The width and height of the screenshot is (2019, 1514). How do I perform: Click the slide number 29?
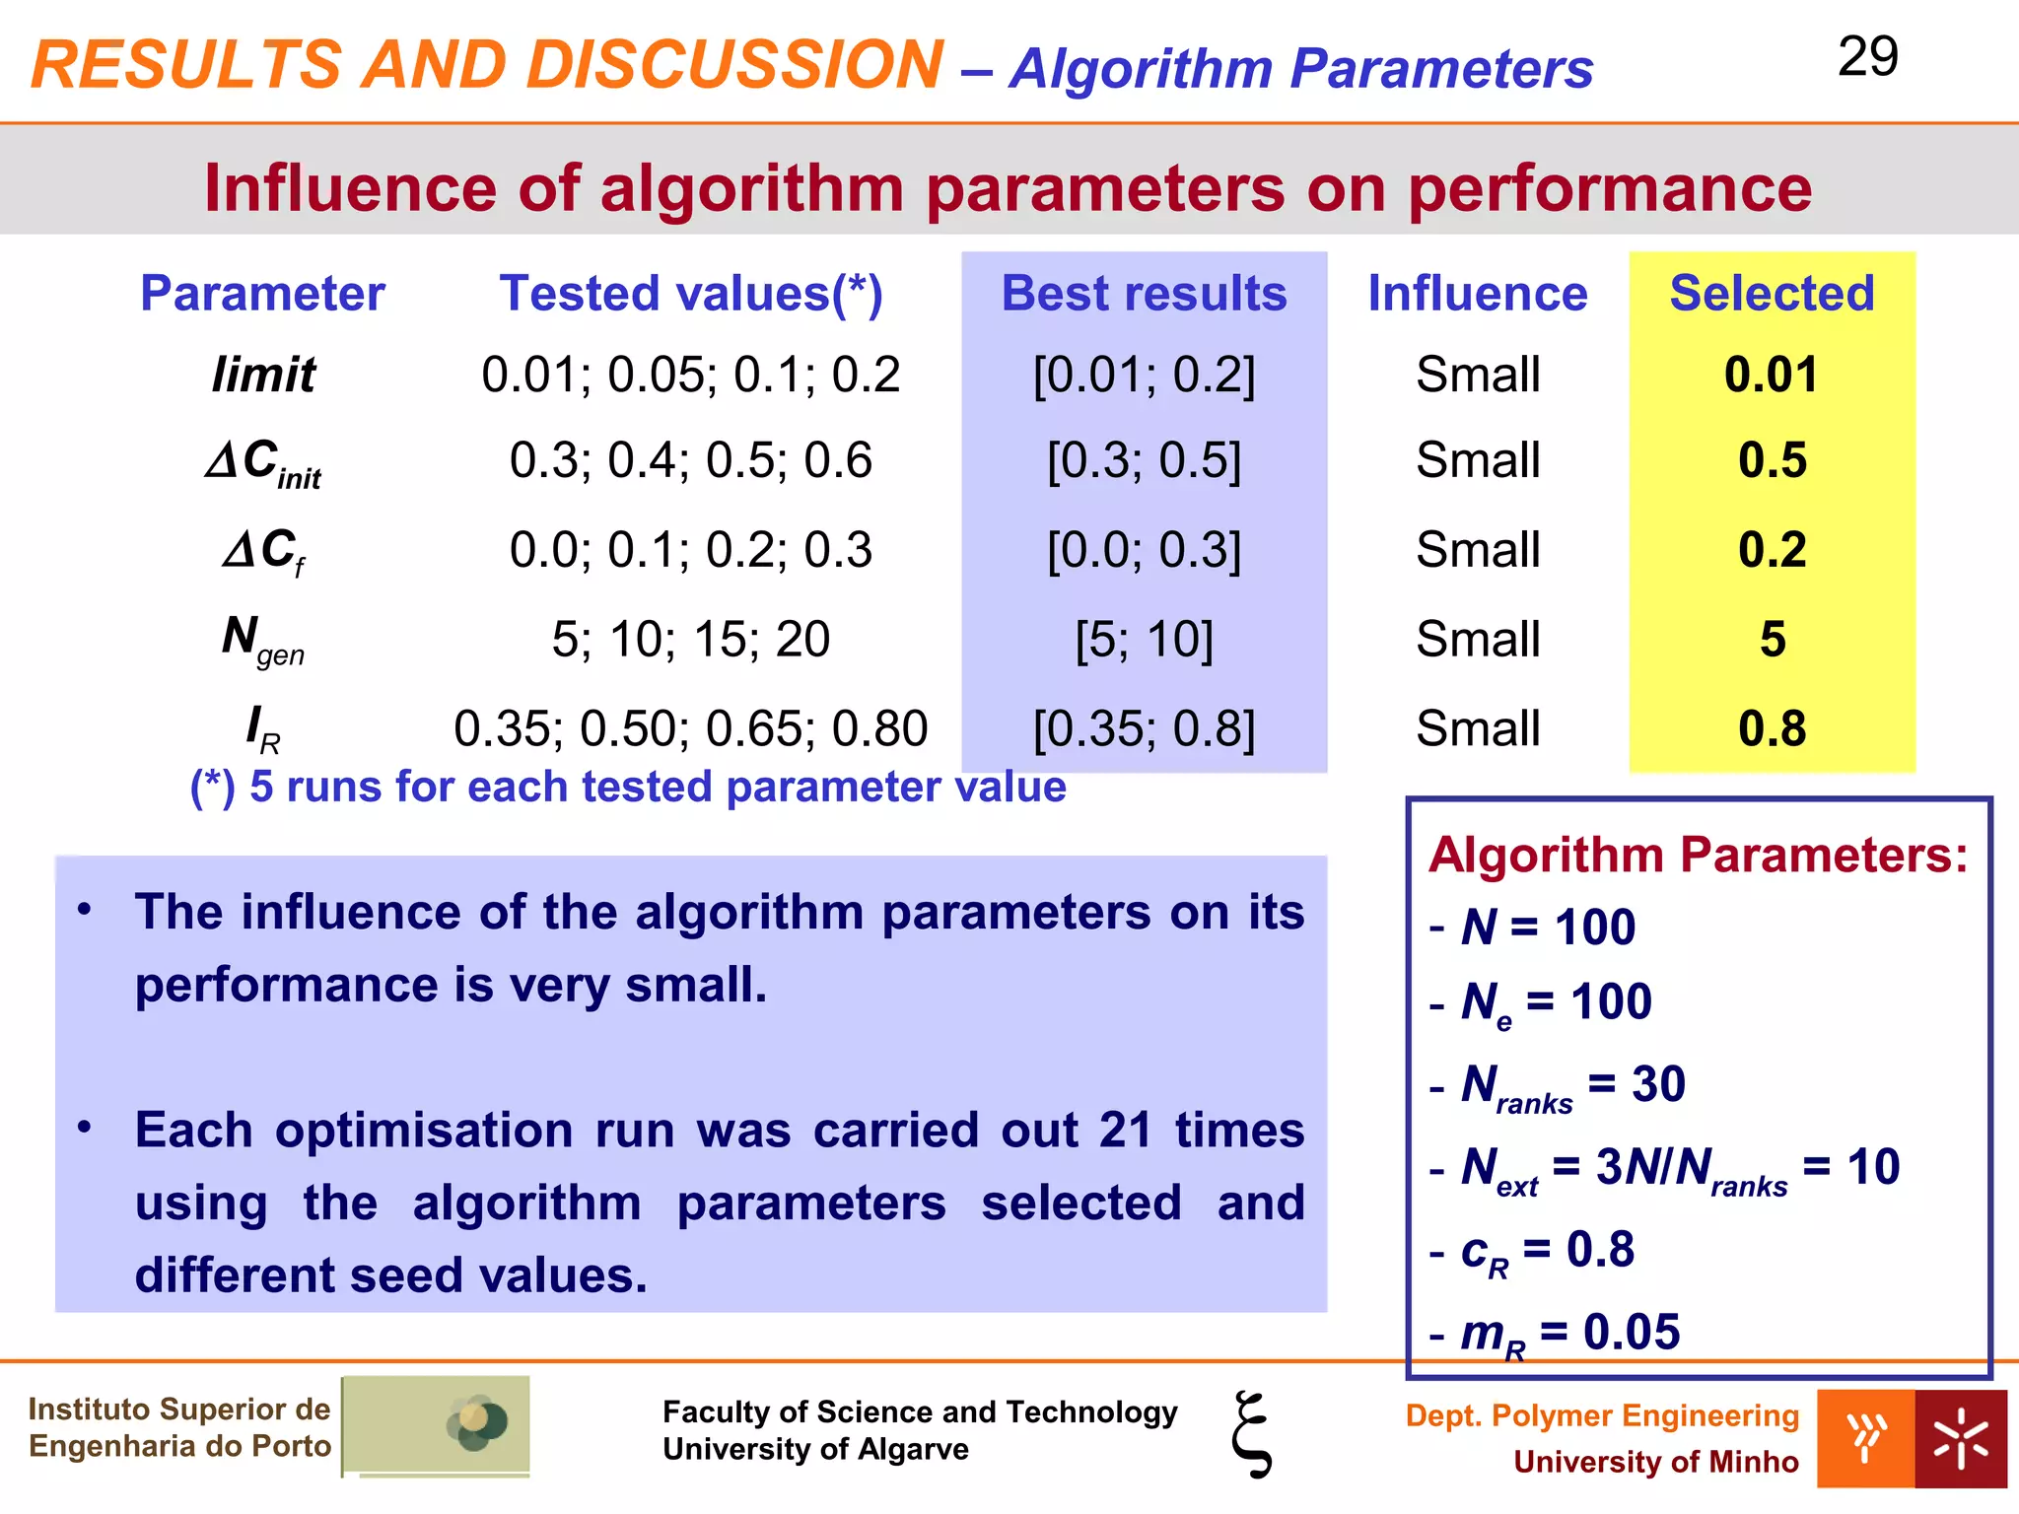click(x=1867, y=56)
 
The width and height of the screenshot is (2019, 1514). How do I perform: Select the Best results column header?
click(x=1144, y=294)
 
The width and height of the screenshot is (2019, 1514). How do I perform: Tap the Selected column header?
click(x=1772, y=294)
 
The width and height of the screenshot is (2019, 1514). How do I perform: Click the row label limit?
click(x=263, y=376)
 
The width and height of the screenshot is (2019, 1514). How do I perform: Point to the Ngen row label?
click(x=262, y=640)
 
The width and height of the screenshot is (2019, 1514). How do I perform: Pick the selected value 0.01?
click(x=1771, y=376)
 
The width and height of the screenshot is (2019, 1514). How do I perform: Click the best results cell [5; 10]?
click(x=1144, y=640)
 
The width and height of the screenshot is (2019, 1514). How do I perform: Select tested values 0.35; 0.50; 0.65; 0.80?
click(x=690, y=729)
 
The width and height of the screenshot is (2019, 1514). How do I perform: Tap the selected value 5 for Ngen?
click(x=1773, y=640)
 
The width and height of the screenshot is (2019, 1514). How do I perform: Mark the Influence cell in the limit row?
click(x=1477, y=376)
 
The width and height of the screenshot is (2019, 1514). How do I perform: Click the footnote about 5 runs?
click(x=628, y=788)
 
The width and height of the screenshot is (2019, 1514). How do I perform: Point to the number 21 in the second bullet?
click(x=1125, y=1130)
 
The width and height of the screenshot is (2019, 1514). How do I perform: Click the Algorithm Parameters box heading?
click(x=1698, y=855)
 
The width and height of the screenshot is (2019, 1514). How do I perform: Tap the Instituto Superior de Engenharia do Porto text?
click(x=179, y=1427)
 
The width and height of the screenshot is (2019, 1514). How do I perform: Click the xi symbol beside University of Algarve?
click(x=1251, y=1434)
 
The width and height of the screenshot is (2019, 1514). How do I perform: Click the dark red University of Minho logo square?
click(x=1960, y=1438)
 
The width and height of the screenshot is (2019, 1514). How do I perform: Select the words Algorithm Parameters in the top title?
click(x=1300, y=69)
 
